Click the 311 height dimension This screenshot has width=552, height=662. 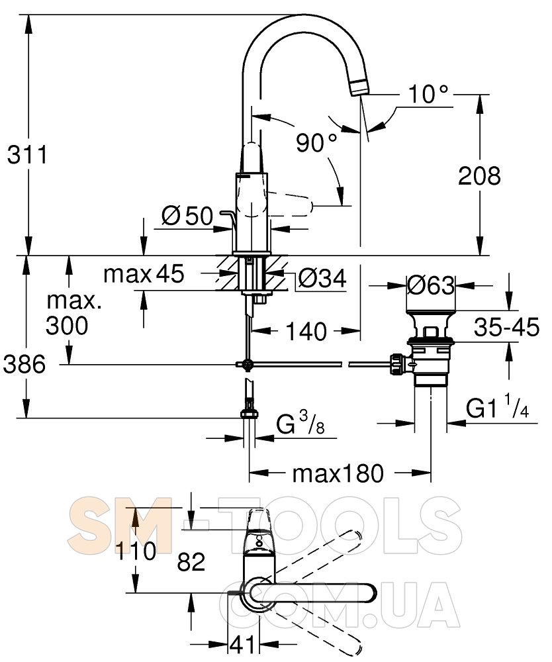[x=28, y=155]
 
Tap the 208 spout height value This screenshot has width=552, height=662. [x=479, y=175]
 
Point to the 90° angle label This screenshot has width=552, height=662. [x=316, y=143]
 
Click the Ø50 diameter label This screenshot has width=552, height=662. [x=188, y=216]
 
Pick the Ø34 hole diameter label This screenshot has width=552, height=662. [x=322, y=278]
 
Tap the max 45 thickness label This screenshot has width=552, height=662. [x=144, y=273]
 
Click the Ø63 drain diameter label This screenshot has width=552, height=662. [x=430, y=285]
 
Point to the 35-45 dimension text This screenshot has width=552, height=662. [x=506, y=327]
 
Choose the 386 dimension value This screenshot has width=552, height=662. [x=24, y=364]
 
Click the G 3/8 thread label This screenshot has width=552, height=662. [x=300, y=424]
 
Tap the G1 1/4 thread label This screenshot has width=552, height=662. [x=498, y=407]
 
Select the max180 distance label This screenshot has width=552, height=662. [x=338, y=473]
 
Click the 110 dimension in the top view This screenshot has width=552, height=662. [x=136, y=551]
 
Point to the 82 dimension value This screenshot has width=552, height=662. [x=191, y=561]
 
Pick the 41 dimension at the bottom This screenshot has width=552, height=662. [x=242, y=644]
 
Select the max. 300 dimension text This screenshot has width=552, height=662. [x=68, y=313]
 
